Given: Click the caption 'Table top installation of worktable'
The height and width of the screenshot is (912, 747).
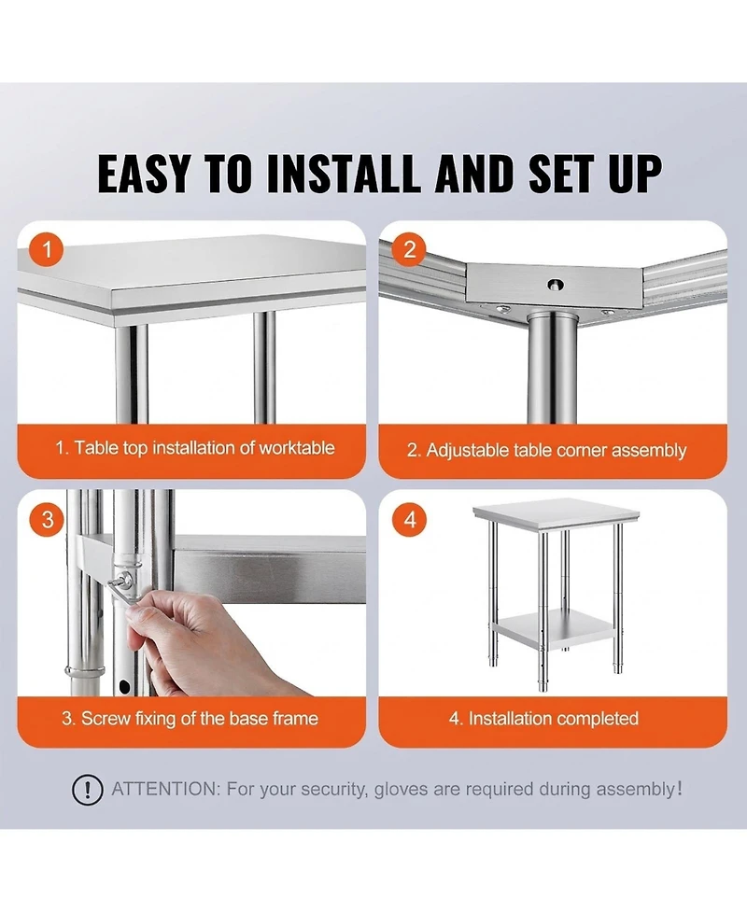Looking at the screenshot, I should (194, 448).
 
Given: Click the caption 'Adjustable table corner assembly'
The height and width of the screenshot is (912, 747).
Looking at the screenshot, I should (546, 450).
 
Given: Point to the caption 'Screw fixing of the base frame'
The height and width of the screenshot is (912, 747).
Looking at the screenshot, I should (190, 719).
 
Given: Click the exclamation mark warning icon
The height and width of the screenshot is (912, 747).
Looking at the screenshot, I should (88, 790).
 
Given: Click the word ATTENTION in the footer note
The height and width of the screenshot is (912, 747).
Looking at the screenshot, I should (163, 790).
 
